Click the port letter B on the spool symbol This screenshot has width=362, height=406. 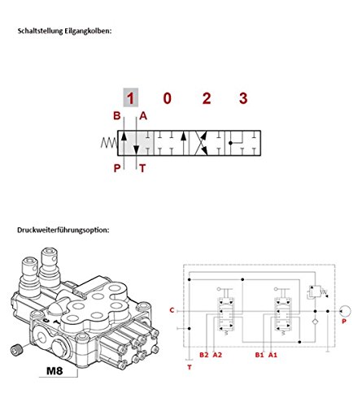(117, 116)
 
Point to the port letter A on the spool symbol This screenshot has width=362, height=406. (144, 116)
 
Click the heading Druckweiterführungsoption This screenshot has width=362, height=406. (62, 228)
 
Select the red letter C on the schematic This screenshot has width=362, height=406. (172, 310)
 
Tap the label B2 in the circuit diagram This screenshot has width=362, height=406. (204, 355)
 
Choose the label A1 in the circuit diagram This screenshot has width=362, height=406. (274, 355)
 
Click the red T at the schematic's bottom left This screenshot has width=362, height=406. (190, 367)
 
